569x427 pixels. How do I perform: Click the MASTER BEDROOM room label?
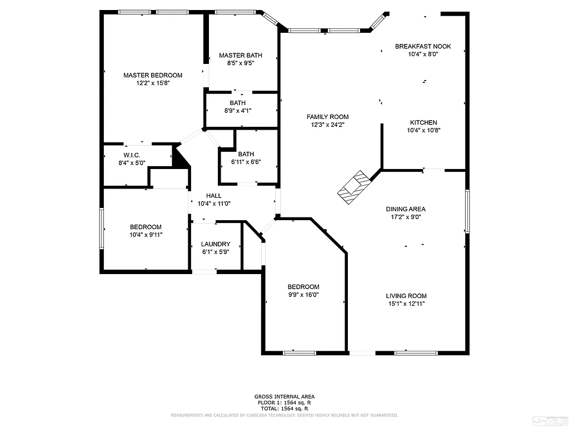[153, 75]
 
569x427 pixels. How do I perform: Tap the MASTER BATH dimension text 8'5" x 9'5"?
[241, 63]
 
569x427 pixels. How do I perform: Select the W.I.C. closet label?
[131, 155]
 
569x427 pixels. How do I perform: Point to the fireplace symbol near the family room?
[353, 187]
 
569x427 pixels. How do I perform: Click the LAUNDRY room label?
[216, 244]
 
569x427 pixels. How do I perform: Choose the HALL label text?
[214, 196]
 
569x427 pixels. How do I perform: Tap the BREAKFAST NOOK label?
[423, 46]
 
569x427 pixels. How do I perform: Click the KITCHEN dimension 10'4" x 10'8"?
[423, 131]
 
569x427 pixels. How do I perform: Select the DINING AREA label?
[406, 209]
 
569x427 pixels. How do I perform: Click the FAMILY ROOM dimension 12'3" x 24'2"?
[327, 125]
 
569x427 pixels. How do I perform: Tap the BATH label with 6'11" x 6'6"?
[246, 154]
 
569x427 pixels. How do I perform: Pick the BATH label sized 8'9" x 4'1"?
[237, 103]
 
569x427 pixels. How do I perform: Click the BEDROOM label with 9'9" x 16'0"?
[303, 287]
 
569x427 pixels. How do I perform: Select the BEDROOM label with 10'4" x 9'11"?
[146, 227]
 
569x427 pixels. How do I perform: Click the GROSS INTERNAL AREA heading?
[284, 396]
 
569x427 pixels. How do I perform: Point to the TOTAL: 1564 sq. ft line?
[284, 408]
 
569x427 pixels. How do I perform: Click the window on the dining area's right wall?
[467, 211]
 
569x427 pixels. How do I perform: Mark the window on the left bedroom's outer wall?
[101, 228]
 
